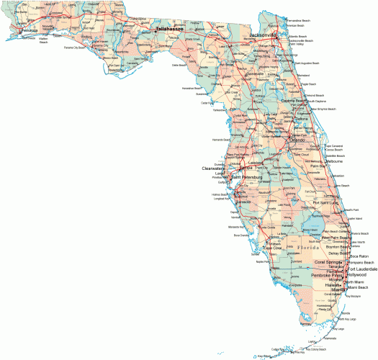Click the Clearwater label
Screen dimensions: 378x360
tap(213, 168)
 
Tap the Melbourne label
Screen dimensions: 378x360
tap(333, 161)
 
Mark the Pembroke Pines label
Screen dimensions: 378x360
tap(328, 276)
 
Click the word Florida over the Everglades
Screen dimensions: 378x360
tap(310, 247)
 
